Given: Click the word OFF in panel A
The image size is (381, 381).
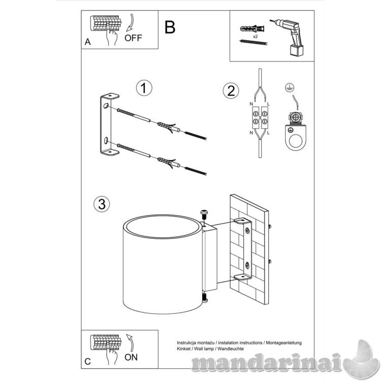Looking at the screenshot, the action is click(x=133, y=38).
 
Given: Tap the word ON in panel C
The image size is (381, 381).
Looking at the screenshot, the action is click(x=131, y=357).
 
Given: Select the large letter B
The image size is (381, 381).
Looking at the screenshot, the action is click(x=170, y=27).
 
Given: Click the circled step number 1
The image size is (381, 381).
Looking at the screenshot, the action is click(x=144, y=88).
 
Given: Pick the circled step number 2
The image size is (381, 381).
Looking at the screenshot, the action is click(x=231, y=90).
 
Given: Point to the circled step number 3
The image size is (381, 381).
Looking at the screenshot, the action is click(x=102, y=204).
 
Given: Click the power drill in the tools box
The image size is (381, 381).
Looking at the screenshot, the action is click(x=289, y=37).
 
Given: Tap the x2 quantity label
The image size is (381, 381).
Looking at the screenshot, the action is click(x=255, y=37).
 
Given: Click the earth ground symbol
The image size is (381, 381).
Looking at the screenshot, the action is click(x=290, y=87).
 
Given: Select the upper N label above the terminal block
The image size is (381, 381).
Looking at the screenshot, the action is click(x=251, y=104).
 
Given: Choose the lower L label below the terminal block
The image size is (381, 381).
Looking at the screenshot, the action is click(x=268, y=133).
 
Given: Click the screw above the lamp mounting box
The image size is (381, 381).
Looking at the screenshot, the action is click(x=204, y=214).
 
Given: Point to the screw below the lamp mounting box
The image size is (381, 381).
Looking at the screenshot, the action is click(x=205, y=298).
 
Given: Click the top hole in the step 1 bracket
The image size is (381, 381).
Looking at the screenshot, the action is click(x=106, y=106).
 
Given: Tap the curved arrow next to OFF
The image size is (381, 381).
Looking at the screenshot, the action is click(x=131, y=23).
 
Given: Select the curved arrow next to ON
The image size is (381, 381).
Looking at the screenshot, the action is click(x=130, y=343).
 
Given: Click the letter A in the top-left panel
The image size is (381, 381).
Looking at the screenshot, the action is click(x=88, y=42).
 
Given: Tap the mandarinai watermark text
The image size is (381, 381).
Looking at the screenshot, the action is click(x=267, y=363).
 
